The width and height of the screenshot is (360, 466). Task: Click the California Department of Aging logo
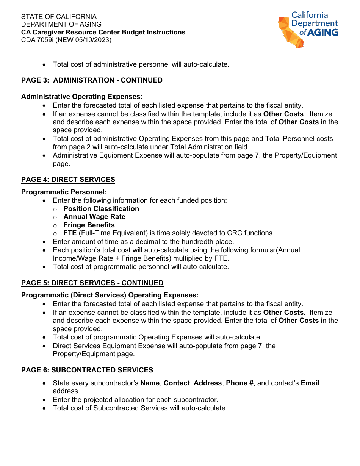point(308,29)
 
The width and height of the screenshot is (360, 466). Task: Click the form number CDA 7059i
point(37,40)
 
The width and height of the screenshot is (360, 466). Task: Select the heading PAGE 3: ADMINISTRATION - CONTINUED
point(92,80)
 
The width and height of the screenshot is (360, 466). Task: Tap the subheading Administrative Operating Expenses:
point(82,97)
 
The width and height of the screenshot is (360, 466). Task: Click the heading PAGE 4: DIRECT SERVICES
point(68,180)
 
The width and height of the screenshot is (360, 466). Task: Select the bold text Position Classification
point(101,209)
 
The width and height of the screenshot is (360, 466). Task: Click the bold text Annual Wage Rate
point(94,217)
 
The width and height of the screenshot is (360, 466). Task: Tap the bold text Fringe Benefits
point(89,225)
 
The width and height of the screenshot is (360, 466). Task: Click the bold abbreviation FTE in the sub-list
point(70,233)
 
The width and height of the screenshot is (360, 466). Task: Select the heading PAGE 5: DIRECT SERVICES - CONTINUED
point(92,283)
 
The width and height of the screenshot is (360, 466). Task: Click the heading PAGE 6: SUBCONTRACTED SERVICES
point(87,370)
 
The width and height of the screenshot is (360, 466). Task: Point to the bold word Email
point(310,383)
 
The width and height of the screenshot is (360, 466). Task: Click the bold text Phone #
point(239,383)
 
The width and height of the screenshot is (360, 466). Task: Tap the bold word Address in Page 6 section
point(208,383)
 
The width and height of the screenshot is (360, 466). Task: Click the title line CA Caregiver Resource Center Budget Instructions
point(103,32)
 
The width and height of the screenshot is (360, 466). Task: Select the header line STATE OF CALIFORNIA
point(59,17)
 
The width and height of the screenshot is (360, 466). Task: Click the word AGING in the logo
point(322,33)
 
